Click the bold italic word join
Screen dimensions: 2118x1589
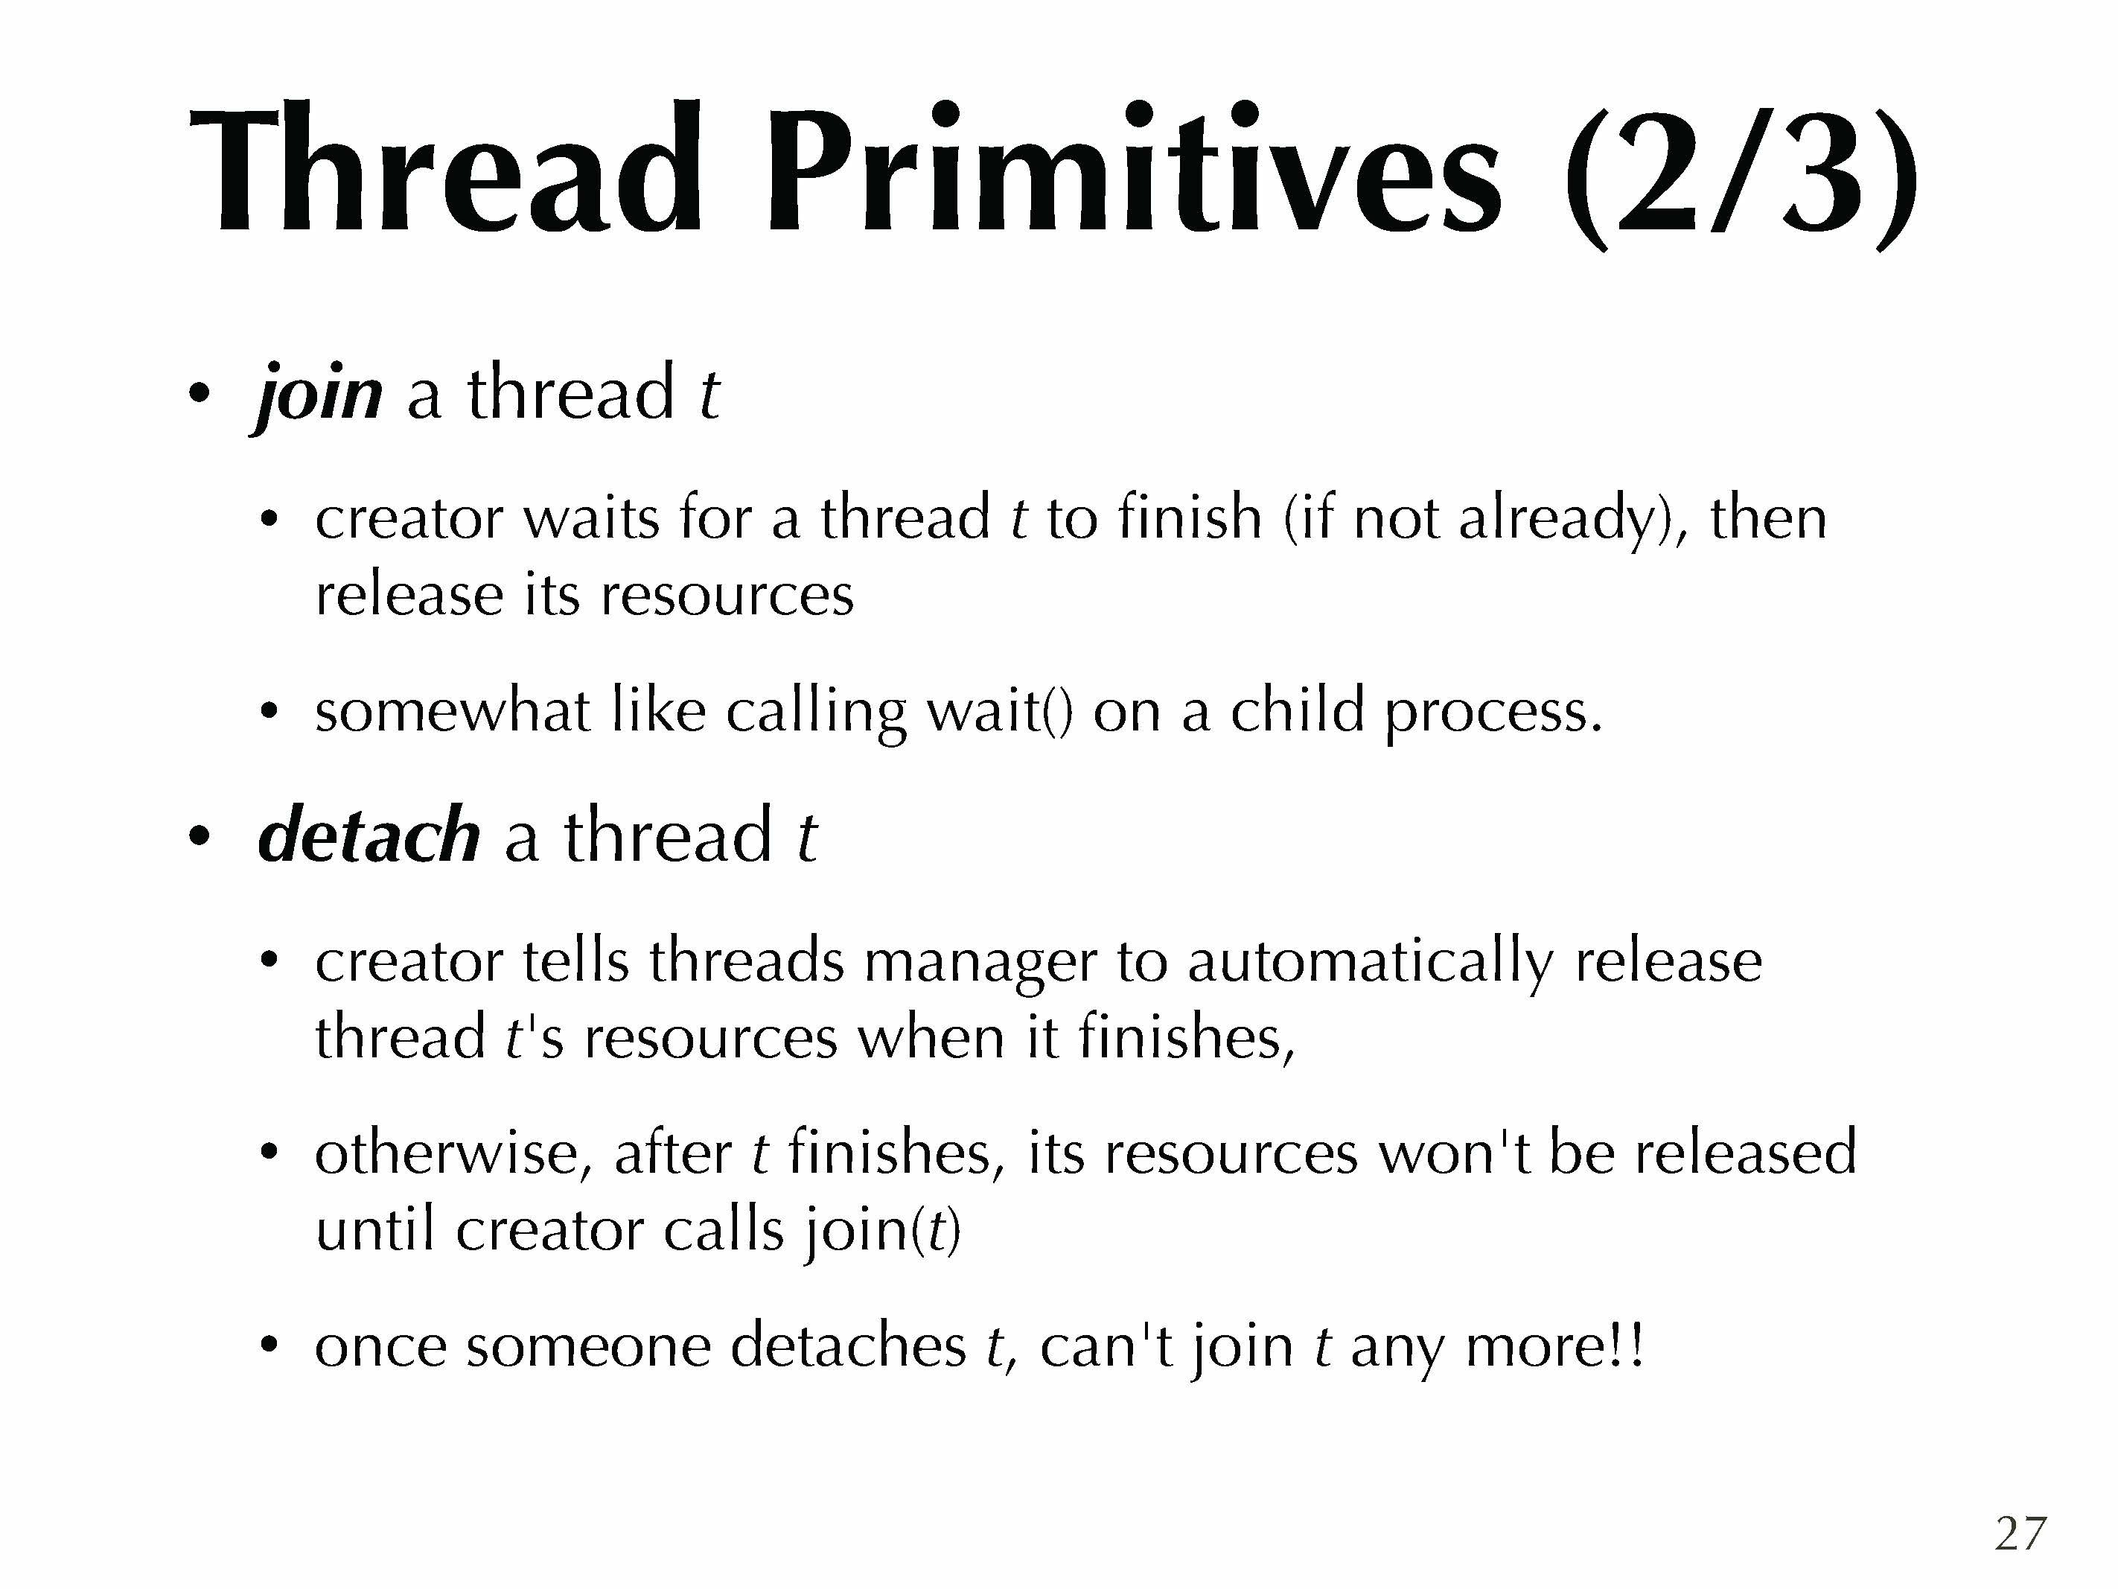[318, 395]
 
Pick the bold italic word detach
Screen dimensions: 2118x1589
[369, 835]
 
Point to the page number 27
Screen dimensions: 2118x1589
[2020, 1533]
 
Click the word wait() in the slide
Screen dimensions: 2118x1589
[1000, 712]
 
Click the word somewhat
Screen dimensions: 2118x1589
[452, 712]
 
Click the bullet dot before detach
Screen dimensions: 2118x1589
[198, 835]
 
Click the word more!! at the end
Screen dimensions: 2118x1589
[1554, 1346]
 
